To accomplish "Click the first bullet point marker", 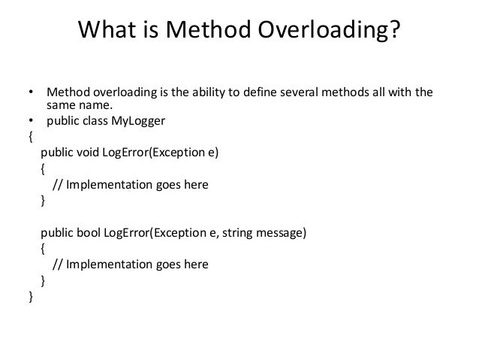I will click(31, 93).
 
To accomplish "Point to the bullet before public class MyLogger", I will click(31, 122).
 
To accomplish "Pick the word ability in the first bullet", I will click(233, 93).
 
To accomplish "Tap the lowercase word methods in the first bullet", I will click(371, 93).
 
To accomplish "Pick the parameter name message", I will click(281, 233).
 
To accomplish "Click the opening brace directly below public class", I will click(30, 137).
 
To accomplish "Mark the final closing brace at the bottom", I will click(30, 297).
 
